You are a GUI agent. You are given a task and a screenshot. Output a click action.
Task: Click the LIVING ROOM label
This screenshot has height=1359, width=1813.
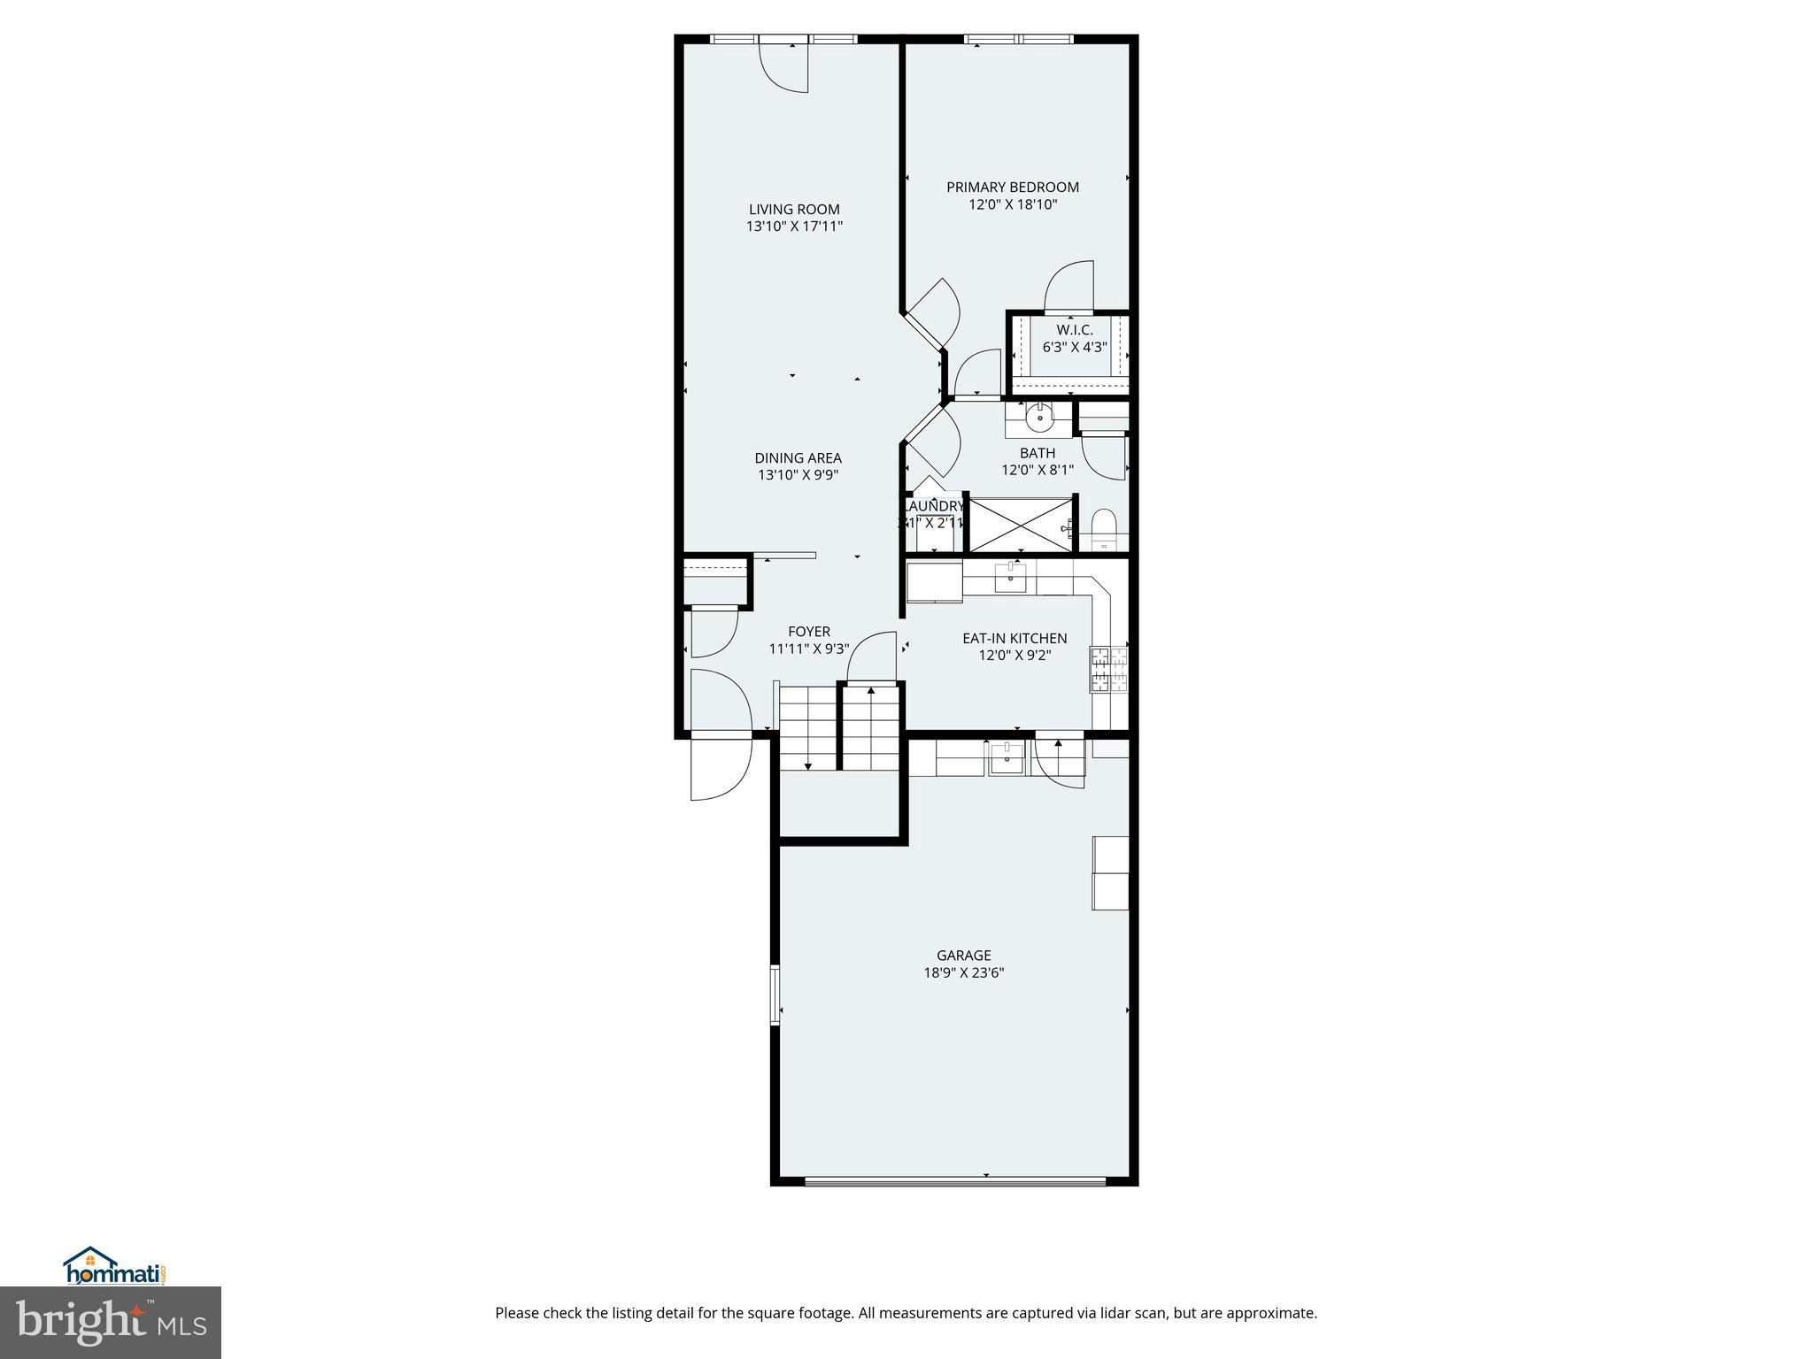pyautogui.click(x=794, y=210)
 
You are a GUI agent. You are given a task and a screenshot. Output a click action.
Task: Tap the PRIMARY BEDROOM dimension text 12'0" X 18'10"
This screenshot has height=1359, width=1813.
pyautogui.click(x=1013, y=204)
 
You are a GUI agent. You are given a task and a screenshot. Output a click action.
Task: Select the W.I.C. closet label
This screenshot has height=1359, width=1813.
pyautogui.click(x=1074, y=330)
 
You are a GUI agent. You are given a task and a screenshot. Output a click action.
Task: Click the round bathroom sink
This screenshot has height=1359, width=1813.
pyautogui.click(x=1038, y=416)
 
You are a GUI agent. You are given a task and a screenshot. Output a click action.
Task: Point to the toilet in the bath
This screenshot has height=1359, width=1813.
pyautogui.click(x=1104, y=529)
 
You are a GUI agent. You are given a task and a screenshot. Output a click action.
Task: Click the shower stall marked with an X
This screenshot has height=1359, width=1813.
pyautogui.click(x=1022, y=525)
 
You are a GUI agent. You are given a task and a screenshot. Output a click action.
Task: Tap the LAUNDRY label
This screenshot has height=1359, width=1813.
pyautogui.click(x=933, y=506)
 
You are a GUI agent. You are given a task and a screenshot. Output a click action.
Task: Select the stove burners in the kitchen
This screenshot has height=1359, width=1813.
pyautogui.click(x=1109, y=669)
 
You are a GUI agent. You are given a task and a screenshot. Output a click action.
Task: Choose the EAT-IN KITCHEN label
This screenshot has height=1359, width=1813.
pyautogui.click(x=1015, y=638)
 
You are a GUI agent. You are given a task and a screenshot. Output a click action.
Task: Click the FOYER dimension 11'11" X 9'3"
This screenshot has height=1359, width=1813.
pyautogui.click(x=808, y=649)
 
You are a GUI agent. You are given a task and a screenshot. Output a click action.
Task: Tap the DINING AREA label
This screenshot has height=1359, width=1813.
pyautogui.click(x=798, y=458)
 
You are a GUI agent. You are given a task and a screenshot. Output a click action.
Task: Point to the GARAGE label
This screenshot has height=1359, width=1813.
pyautogui.click(x=963, y=956)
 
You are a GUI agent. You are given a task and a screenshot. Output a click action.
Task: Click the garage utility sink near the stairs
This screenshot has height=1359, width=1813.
pyautogui.click(x=1007, y=758)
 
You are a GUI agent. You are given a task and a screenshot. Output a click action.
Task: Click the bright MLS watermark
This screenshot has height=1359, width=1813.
pyautogui.click(x=110, y=1322)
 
